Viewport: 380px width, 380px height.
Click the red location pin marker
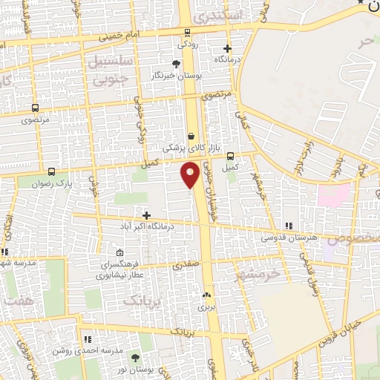point(190,174)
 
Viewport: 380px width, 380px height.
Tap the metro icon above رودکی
point(187,33)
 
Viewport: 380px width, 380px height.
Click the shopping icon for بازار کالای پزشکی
point(191,136)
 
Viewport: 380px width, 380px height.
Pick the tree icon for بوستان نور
point(134,358)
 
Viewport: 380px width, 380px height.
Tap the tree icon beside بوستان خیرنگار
point(175,64)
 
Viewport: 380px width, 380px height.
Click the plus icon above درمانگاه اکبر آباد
point(146,215)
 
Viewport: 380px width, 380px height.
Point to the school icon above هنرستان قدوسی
point(289,226)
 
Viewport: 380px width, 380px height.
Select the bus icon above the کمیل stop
point(231,156)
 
